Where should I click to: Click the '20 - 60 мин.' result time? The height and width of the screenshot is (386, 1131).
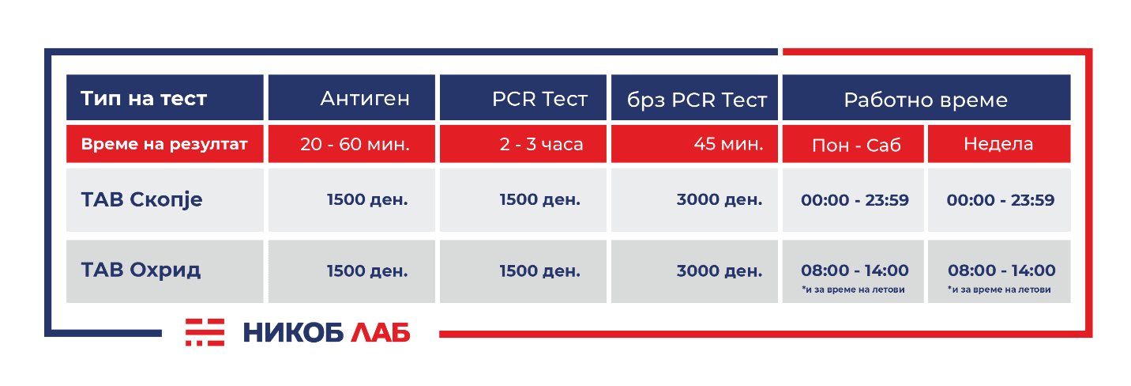tap(355, 144)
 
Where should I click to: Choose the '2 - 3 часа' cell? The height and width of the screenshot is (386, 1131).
tap(541, 144)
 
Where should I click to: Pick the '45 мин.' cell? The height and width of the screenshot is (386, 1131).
tap(728, 144)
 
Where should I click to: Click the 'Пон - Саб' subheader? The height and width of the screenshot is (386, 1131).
tap(856, 146)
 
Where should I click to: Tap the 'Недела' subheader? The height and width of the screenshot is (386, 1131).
tap(998, 144)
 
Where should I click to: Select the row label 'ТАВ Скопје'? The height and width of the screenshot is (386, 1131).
tap(142, 200)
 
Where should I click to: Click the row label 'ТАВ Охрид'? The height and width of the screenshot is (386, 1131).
tap(141, 271)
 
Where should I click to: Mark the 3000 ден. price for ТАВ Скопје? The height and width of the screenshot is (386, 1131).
tap(720, 199)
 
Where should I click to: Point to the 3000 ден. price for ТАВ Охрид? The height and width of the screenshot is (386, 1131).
tap(720, 271)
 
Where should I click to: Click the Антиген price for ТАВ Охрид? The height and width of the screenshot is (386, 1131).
tap(367, 271)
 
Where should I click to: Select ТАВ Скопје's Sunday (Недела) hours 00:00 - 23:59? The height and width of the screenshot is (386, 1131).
tap(1001, 200)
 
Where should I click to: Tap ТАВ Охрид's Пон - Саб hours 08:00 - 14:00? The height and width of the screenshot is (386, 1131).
tap(855, 271)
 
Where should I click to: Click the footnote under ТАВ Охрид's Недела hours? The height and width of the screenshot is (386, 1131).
tap(999, 289)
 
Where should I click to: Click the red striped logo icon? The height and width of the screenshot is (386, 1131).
tap(205, 332)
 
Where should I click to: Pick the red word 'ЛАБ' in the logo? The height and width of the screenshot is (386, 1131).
tap(380, 333)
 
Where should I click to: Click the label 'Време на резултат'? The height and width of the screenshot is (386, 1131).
tap(164, 144)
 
